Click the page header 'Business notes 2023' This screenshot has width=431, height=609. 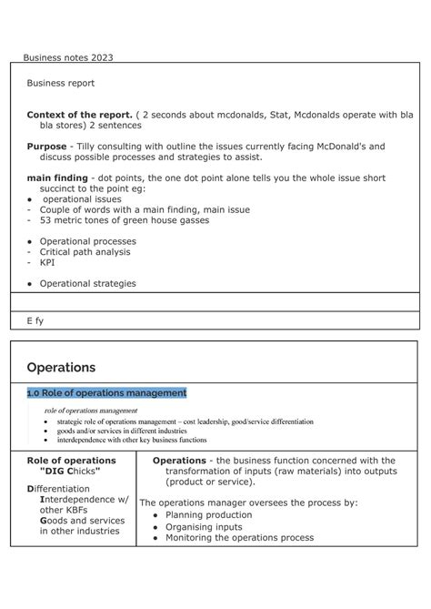tap(68, 57)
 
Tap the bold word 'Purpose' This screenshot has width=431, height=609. tap(46, 146)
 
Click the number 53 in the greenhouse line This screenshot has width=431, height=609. tap(45, 219)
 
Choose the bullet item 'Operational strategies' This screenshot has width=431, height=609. tap(87, 283)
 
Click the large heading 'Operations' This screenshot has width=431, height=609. tap(61, 368)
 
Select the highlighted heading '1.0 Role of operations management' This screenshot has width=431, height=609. tap(106, 392)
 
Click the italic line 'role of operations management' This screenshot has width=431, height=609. tap(91, 411)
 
